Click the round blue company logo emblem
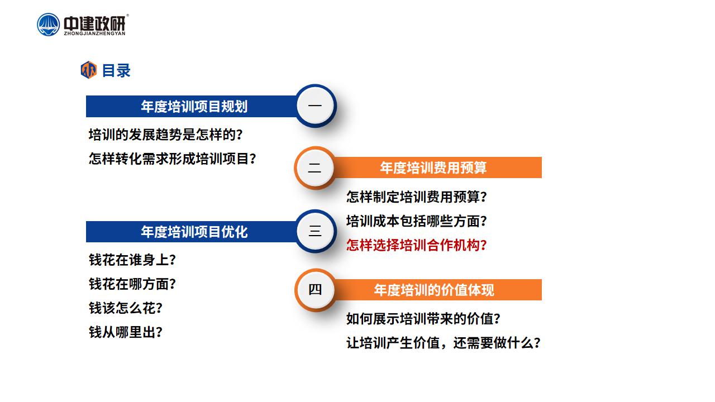click(x=48, y=25)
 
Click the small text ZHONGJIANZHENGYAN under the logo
click(x=94, y=33)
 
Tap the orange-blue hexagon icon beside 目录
click(x=88, y=70)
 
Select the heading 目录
click(x=116, y=70)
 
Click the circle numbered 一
click(x=315, y=106)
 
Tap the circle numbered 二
click(x=314, y=168)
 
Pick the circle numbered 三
click(x=315, y=231)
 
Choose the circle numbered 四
click(x=314, y=290)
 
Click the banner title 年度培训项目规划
click(x=194, y=106)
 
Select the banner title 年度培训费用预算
click(x=433, y=168)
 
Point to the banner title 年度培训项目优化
click(x=194, y=232)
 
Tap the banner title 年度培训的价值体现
click(x=434, y=290)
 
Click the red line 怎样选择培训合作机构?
click(x=417, y=245)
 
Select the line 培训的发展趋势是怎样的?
click(x=166, y=135)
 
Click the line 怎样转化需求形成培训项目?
click(x=173, y=159)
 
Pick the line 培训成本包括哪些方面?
click(x=417, y=221)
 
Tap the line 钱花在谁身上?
click(x=132, y=260)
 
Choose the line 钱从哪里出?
click(x=126, y=332)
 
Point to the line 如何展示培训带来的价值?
click(x=423, y=319)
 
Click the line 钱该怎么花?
click(x=126, y=308)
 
